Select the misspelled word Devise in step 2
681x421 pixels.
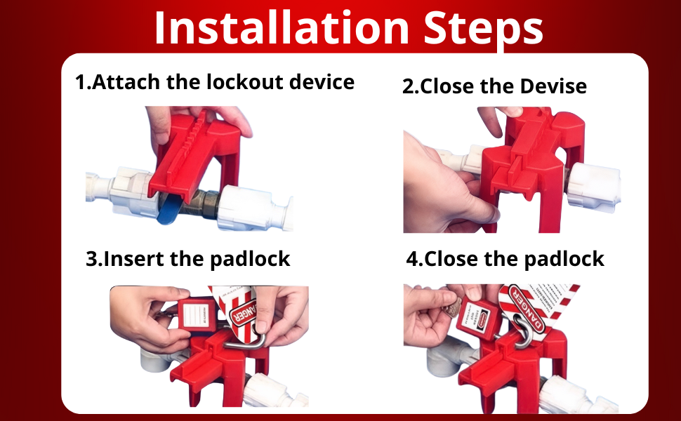[x=553, y=86]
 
